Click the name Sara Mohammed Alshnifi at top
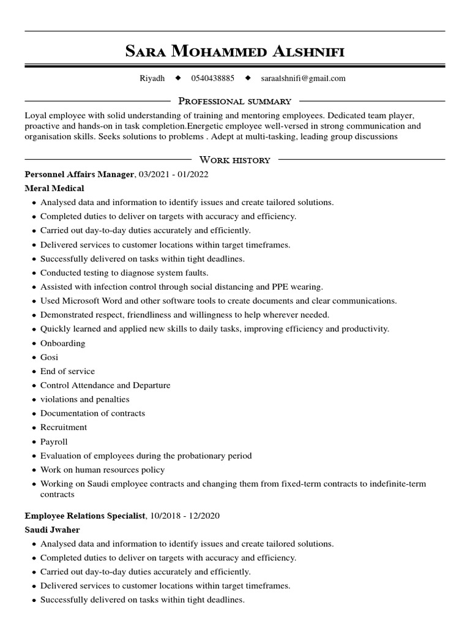pos(235,51)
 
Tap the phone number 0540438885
pos(212,78)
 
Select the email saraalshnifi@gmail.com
pos(303,78)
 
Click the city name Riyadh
pos(152,78)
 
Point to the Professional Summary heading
pos(234,101)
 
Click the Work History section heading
pos(234,160)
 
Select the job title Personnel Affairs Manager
pos(80,175)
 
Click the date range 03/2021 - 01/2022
pos(174,175)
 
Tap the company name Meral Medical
pos(54,189)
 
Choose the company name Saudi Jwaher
pos(53,530)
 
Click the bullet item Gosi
pos(49,357)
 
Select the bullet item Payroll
pos(54,441)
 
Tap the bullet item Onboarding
pos(62,343)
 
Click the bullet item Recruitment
pos(64,427)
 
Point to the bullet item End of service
pos(67,371)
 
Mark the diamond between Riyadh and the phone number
pos(178,78)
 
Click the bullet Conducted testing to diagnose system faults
pos(124,272)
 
